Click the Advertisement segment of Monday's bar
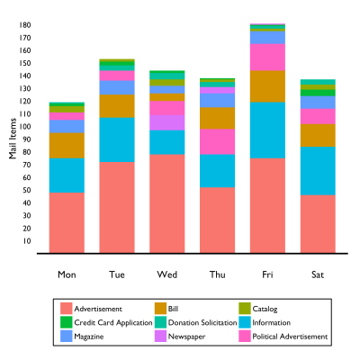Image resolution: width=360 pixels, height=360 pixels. (67, 222)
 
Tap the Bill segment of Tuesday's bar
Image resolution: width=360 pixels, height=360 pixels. (117, 106)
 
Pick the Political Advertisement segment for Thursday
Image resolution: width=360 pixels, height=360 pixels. (217, 142)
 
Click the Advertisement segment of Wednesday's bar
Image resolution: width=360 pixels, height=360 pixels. (166, 203)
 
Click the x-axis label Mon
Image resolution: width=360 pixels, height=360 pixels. (67, 274)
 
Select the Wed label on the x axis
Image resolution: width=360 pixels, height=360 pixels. (166, 274)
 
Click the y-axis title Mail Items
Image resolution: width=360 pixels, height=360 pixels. (13, 139)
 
